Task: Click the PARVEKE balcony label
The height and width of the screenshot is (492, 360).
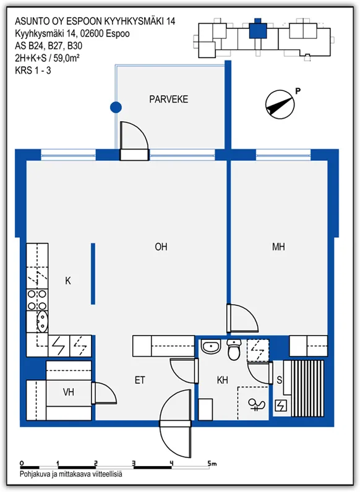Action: pos(168,99)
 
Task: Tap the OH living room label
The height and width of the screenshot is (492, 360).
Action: pos(161,247)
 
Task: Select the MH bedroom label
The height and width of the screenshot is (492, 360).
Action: pos(278,247)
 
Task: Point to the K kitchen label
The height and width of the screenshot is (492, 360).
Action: pos(68,281)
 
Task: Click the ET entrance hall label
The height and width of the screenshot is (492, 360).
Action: pos(140,380)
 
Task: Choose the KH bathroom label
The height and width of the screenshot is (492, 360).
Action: pos(223,380)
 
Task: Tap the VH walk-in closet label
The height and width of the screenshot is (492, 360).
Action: pos(69,392)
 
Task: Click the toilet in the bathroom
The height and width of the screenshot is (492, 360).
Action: pos(234,350)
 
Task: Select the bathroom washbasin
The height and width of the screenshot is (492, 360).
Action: pos(210,347)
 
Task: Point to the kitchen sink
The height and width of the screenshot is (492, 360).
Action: pos(42,321)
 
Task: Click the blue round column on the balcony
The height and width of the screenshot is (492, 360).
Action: pos(116,108)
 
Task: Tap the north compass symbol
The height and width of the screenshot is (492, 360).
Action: pos(280,105)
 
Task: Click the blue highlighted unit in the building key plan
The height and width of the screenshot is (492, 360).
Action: pos(258,30)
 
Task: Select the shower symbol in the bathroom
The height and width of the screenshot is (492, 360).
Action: pos(256,404)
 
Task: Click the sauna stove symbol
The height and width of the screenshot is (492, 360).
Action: pos(281,406)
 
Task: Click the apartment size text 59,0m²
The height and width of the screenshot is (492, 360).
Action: pos(66,58)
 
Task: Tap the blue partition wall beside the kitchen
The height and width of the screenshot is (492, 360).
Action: pos(93,274)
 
